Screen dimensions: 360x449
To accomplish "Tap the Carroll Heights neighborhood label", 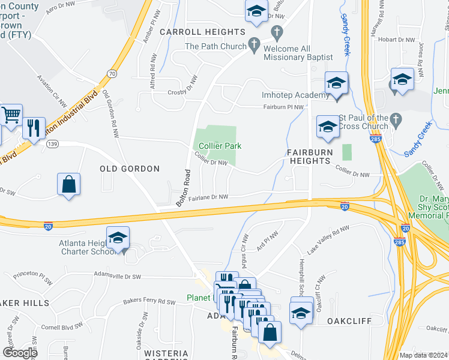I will click(x=202, y=32).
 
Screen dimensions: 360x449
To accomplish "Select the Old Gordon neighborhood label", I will click(x=130, y=169).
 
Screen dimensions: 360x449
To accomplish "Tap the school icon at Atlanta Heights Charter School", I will click(x=118, y=237).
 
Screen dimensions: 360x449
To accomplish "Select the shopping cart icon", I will click(x=11, y=113).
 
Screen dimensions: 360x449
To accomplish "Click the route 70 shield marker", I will click(x=112, y=73).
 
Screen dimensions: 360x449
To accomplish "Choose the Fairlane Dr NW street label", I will click(x=208, y=197).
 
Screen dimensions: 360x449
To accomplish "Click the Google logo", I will click(x=20, y=353).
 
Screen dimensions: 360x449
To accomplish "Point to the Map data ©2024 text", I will click(x=423, y=355).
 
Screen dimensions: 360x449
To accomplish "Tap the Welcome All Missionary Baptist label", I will click(x=298, y=53).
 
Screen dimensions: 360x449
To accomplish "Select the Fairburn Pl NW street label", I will click(x=284, y=107).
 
